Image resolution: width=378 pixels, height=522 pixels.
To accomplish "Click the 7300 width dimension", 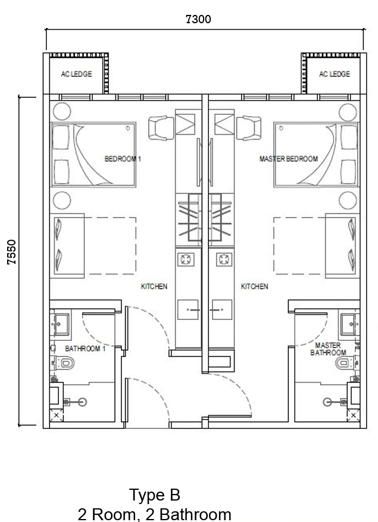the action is pyautogui.click(x=198, y=19).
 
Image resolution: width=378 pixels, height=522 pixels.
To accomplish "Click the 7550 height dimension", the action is pyautogui.click(x=12, y=252).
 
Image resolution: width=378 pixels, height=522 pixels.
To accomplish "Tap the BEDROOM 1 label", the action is pyautogui.click(x=123, y=159).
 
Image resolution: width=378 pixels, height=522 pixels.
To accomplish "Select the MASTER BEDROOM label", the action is pyautogui.click(x=289, y=159).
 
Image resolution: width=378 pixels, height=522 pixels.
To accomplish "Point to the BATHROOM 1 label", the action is pyautogui.click(x=85, y=349).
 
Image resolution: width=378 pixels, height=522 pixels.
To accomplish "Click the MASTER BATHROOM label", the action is pyautogui.click(x=328, y=349).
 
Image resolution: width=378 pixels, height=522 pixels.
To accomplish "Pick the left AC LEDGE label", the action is pyautogui.click(x=76, y=74).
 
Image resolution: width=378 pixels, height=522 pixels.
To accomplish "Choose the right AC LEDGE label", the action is pyautogui.click(x=335, y=74).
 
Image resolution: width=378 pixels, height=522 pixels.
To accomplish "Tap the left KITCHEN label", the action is pyautogui.click(x=154, y=286).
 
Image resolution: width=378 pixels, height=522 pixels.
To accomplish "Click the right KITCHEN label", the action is pyautogui.click(x=254, y=286).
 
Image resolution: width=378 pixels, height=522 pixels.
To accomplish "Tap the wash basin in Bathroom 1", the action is pyautogui.click(x=61, y=324).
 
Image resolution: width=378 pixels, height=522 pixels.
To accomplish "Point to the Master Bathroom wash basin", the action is pyautogui.click(x=349, y=324).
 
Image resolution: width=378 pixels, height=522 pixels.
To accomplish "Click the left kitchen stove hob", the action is pyautogui.click(x=186, y=259).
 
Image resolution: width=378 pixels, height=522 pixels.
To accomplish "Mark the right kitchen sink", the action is pyautogui.click(x=222, y=310).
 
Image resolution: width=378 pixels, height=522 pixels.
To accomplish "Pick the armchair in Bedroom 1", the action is pyautogui.click(x=161, y=128).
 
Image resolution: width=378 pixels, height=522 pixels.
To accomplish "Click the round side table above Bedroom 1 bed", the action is pyautogui.click(x=62, y=111).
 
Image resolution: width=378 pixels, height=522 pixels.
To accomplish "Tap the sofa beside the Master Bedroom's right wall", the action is pyautogui.click(x=342, y=246).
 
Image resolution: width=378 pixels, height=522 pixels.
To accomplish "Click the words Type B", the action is pyautogui.click(x=155, y=495).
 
